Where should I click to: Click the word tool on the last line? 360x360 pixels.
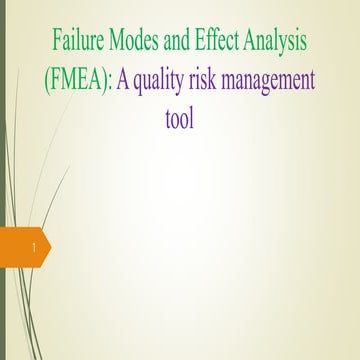(180, 119)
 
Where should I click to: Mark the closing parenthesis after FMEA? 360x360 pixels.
(106, 82)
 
